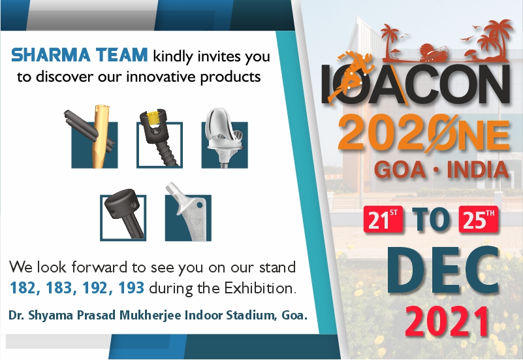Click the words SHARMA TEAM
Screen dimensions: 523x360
point(79,55)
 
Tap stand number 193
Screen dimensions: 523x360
point(131,287)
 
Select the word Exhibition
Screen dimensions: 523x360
point(260,287)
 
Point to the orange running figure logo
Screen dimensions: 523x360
point(350,76)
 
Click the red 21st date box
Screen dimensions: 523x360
point(383,220)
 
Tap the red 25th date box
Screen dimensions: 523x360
point(479,220)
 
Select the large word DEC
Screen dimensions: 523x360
point(443,271)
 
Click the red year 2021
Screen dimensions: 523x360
point(447,321)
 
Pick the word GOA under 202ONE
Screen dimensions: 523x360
point(400,170)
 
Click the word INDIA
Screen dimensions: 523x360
point(478,170)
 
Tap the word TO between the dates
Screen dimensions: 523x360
point(430,220)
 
